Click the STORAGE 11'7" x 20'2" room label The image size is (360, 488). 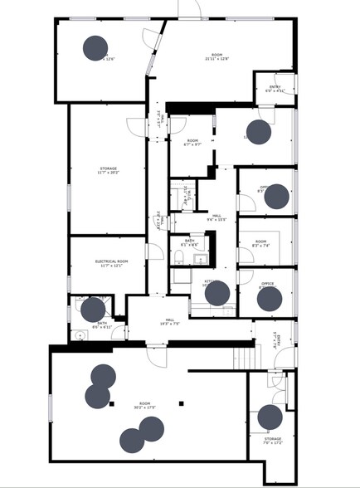(x=109, y=170)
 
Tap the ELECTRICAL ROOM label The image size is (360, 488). (x=109, y=263)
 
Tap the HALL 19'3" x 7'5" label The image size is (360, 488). (x=169, y=321)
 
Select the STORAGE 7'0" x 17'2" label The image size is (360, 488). (x=273, y=441)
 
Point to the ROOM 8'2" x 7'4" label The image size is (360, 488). (x=260, y=244)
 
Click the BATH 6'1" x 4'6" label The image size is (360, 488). (x=190, y=244)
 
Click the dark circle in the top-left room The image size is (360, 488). (x=96, y=48)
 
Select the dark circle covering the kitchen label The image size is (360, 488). (x=216, y=293)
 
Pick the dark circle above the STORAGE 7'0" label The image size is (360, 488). (x=270, y=417)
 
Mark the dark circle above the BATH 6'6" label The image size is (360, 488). (x=93, y=310)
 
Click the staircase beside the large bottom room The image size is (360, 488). (x=246, y=359)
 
